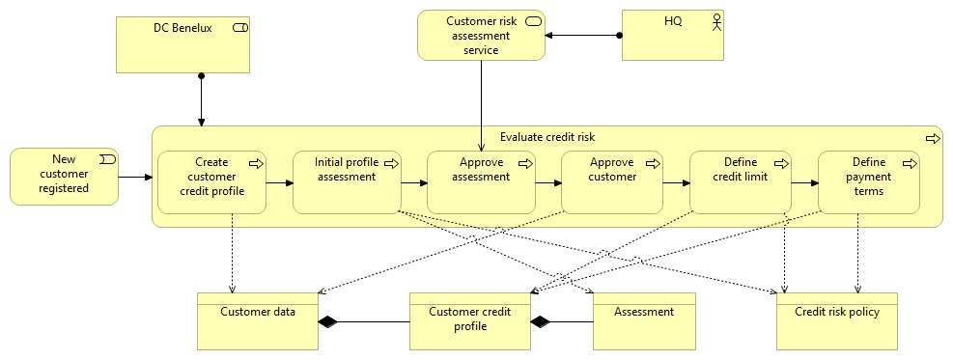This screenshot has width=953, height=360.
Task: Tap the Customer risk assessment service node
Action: pos(481,35)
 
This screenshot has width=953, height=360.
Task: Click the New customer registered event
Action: pos(64,177)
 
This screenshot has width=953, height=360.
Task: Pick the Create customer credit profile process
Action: pos(211,182)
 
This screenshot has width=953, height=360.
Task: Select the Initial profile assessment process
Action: pos(347,182)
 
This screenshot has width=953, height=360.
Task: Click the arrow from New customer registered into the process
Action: pos(135,178)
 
